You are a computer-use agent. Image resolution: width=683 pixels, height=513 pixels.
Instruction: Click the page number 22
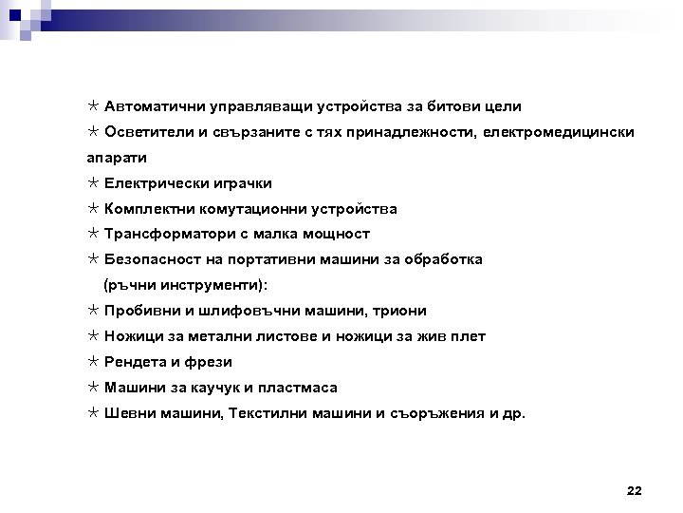[635, 490]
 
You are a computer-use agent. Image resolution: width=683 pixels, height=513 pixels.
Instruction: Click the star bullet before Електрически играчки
[92, 182]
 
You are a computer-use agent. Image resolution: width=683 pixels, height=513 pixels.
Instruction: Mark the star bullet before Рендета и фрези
[92, 362]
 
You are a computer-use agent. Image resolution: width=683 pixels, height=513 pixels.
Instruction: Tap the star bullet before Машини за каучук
[92, 388]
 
